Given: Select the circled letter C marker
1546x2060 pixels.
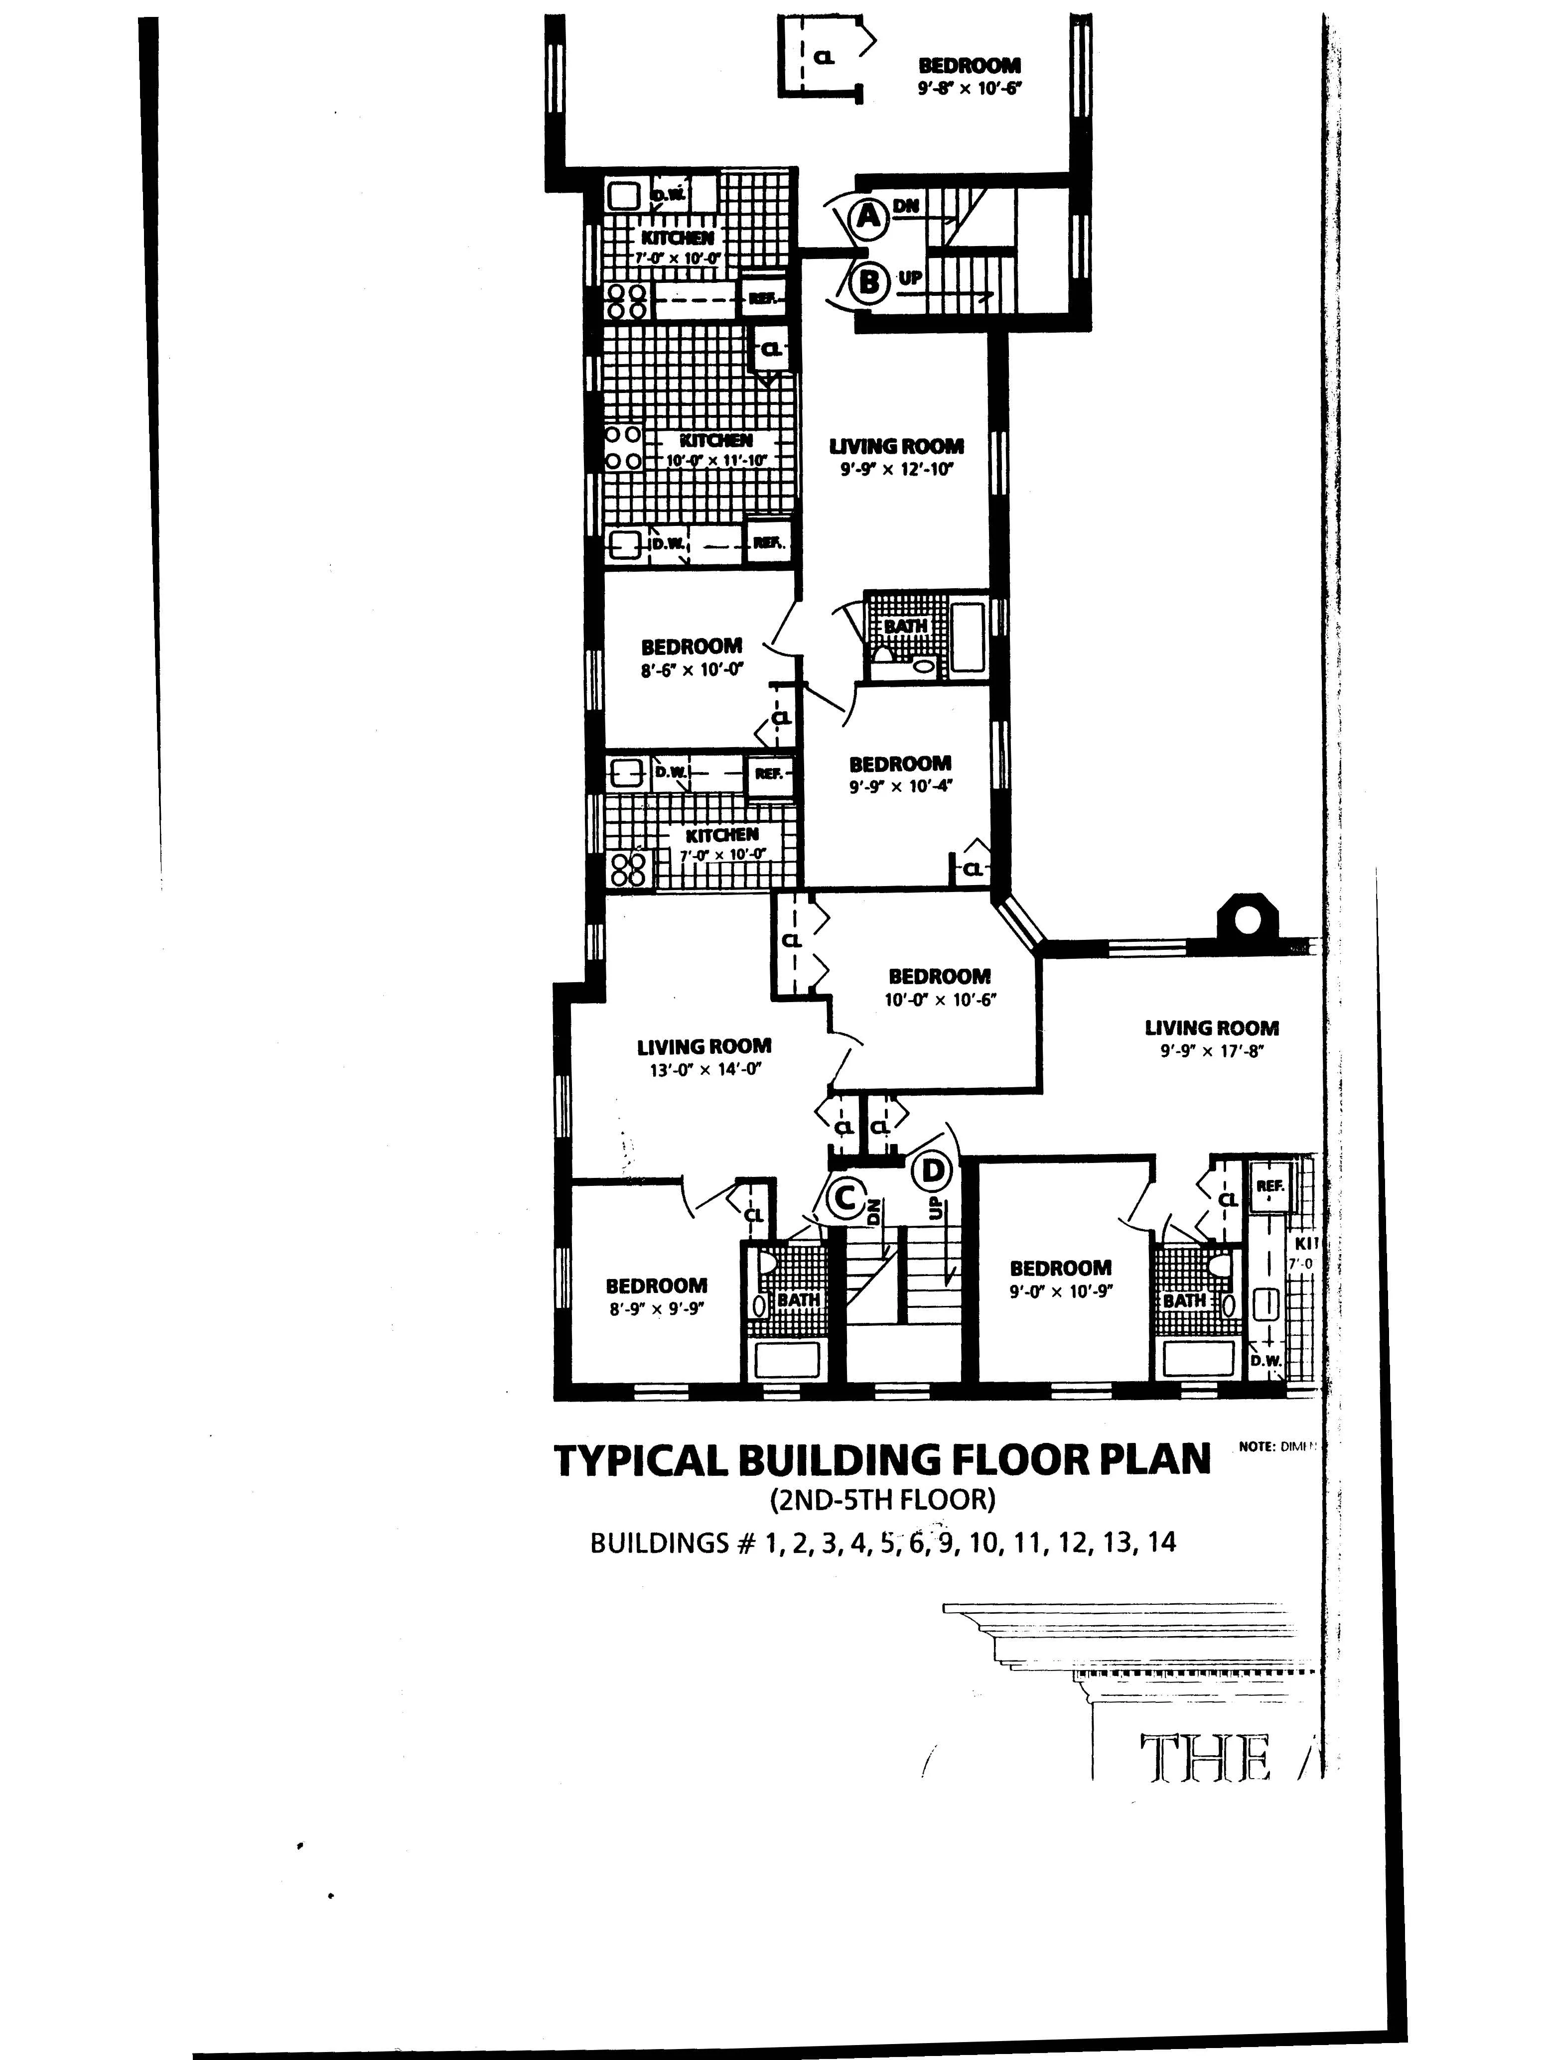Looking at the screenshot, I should coord(844,1198).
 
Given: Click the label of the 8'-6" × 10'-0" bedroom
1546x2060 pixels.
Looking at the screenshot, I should coord(691,645).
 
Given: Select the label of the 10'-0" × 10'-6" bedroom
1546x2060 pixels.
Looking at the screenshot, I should coord(939,976).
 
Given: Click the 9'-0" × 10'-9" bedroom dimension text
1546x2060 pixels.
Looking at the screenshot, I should coord(1061,1291).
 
